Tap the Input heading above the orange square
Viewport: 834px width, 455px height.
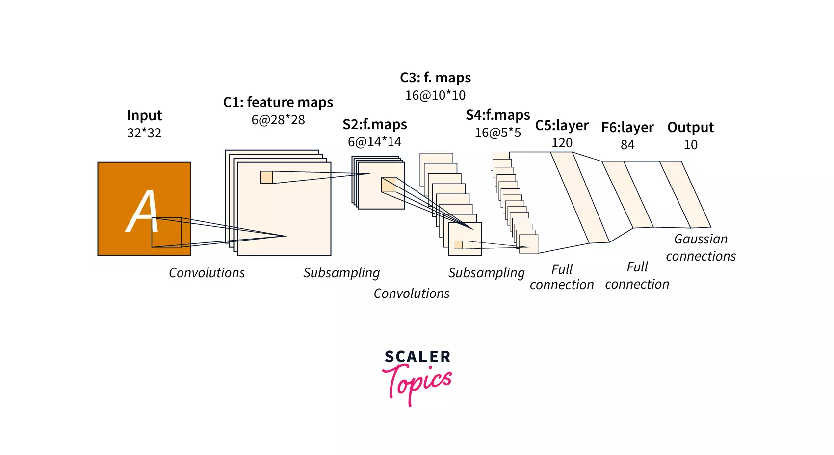pos(144,116)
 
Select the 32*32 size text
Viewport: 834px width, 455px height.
pos(144,133)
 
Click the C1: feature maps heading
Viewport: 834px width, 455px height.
pos(278,102)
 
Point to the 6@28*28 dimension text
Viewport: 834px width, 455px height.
pos(278,120)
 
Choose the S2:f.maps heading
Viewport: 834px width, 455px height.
pos(375,124)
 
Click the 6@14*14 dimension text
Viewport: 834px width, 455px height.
pos(374,142)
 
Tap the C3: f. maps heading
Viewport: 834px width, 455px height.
pos(435,78)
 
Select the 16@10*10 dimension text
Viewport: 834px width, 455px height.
pos(435,95)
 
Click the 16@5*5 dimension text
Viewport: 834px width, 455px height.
pos(498,133)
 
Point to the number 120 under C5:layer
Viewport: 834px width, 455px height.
pos(562,143)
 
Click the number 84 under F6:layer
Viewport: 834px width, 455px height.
pos(627,145)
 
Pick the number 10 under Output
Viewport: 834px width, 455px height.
pos(691,145)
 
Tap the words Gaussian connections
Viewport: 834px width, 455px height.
pos(701,247)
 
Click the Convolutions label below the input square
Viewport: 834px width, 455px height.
pos(207,273)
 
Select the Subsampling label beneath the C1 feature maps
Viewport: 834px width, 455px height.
pos(341,273)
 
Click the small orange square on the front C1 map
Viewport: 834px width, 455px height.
pos(266,177)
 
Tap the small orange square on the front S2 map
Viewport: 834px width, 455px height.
pos(389,185)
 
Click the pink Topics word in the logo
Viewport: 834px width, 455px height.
pos(417,384)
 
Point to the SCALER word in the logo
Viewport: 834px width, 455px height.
pos(417,357)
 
